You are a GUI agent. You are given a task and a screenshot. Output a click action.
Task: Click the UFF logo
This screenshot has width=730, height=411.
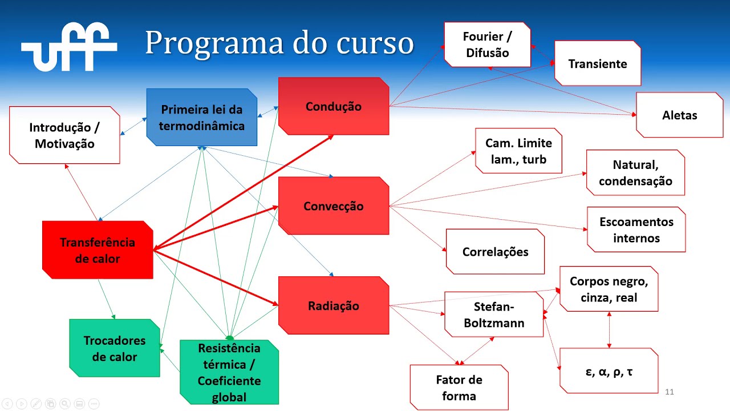(x=69, y=47)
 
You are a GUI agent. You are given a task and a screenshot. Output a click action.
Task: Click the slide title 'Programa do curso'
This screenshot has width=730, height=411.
(x=279, y=43)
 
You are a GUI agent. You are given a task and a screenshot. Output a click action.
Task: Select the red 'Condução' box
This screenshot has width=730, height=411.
(x=334, y=106)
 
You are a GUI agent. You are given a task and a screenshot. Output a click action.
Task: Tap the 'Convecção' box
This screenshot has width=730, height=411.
(x=334, y=206)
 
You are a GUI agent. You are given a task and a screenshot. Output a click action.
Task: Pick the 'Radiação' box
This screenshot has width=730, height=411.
(x=334, y=305)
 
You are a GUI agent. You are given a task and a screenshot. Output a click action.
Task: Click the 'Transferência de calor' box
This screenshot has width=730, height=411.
(x=98, y=250)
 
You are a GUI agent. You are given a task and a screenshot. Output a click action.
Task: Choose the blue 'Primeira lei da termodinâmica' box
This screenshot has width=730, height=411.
(x=201, y=118)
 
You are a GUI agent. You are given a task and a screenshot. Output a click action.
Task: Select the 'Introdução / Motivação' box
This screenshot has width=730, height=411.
(x=64, y=135)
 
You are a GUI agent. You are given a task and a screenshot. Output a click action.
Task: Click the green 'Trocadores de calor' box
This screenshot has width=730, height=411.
(x=115, y=348)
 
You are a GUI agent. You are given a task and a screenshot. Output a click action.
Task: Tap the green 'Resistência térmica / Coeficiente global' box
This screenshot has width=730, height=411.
(x=229, y=372)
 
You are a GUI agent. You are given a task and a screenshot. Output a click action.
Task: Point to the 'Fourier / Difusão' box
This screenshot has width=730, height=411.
(x=487, y=45)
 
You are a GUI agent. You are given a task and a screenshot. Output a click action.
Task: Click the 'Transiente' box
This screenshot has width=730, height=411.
(x=597, y=63)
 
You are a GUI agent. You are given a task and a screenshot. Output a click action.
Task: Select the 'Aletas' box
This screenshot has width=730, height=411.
(x=679, y=115)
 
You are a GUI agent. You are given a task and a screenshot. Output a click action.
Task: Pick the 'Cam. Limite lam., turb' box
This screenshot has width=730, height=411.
(x=518, y=151)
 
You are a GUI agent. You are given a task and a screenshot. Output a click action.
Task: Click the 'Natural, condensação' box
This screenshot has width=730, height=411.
(x=635, y=172)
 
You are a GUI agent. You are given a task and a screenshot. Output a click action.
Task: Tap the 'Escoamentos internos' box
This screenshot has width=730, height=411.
(x=636, y=229)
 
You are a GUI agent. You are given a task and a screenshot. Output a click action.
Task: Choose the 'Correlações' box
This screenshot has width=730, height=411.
(x=495, y=252)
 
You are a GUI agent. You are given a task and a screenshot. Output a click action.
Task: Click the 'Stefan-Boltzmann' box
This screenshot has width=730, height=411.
(x=494, y=315)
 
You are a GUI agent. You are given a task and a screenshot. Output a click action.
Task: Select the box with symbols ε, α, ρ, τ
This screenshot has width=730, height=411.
(x=609, y=371)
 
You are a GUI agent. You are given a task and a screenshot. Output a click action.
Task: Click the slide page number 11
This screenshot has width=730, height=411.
(x=670, y=392)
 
